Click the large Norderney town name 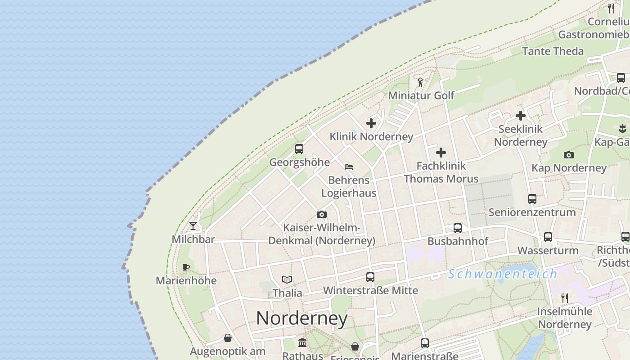(302, 319)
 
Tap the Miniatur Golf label (421, 95)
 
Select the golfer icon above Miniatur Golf (420, 82)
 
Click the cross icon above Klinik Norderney (371, 123)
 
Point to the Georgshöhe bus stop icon (299, 149)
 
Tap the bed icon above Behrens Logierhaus (349, 167)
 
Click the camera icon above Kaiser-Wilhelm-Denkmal (321, 215)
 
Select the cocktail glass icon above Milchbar (193, 226)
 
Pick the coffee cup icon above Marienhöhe (186, 268)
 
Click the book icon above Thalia (287, 280)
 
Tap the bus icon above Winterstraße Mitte (370, 277)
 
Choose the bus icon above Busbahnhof (458, 228)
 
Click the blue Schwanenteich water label (502, 274)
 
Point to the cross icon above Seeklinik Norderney (521, 116)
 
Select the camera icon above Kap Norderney (569, 155)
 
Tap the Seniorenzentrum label (532, 212)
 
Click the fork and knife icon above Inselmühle (565, 298)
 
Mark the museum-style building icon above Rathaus (302, 343)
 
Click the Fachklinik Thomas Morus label (441, 172)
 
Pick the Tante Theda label (553, 51)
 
